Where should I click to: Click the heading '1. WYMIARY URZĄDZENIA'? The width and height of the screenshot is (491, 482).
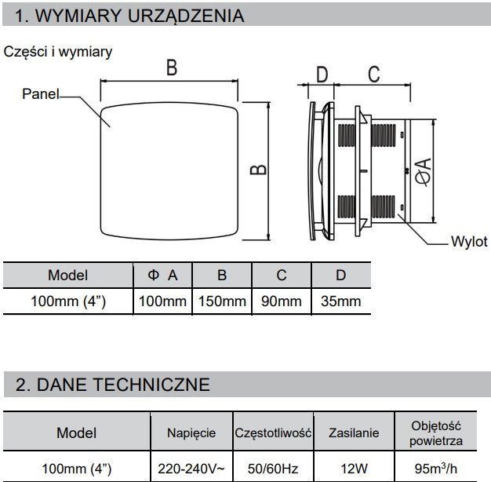129,16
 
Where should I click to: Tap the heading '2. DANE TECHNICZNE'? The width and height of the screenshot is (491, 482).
113,385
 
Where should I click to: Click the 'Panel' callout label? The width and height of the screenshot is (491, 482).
41,94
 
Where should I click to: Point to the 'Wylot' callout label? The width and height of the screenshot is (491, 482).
469,242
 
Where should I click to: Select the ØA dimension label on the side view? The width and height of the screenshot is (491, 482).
423,173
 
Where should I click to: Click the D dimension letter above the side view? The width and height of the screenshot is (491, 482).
322,75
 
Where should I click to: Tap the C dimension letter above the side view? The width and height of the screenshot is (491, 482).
374,74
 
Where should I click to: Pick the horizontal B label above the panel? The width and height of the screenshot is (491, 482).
172,68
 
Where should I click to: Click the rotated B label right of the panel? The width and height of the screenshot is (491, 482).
258,170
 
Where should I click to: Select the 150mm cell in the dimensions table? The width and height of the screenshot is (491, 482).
222,301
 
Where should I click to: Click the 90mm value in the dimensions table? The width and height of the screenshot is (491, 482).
282,301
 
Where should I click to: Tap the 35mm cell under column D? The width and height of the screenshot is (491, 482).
340,301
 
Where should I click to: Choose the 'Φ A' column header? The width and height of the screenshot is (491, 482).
162,276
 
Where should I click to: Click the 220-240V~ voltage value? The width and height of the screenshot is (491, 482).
191,469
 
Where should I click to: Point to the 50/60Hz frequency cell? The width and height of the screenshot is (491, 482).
273,469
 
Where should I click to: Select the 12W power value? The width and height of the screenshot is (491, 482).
355,469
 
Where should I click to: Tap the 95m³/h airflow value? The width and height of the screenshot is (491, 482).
435,468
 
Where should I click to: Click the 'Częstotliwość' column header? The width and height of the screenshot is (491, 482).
273,433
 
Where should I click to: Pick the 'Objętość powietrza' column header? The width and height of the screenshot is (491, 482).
436,433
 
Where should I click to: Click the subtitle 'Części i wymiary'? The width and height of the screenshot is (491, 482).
57,52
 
